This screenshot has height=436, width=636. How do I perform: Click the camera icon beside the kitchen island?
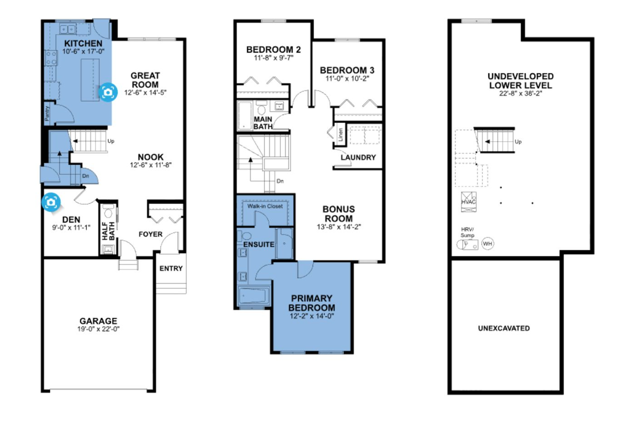pos(108,92)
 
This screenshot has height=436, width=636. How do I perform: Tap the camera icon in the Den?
pos(51,202)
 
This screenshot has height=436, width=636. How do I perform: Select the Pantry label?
pos(47,113)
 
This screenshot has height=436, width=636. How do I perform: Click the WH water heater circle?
pos(488,244)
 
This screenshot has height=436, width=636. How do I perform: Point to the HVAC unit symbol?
pos(469,202)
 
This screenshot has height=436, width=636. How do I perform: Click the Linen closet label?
pos(341,135)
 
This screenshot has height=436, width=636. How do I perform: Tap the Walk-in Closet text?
pos(265,206)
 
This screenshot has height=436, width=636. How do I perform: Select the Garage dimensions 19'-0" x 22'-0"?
pos(98,329)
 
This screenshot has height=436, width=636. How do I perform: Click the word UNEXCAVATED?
pos(504,328)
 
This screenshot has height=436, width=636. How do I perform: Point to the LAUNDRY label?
pos(359,157)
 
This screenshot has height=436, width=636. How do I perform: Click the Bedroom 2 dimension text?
pos(274,58)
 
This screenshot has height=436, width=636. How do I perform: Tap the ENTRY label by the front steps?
pos(171,269)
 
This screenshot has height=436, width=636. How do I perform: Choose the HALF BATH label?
pos(109,231)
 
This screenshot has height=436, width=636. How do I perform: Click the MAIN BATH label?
pos(263,123)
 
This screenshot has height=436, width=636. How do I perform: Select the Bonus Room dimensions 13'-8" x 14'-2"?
pos(339,227)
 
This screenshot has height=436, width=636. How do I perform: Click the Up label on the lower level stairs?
pos(518,142)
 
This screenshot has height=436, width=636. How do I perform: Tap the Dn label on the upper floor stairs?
pos(280,181)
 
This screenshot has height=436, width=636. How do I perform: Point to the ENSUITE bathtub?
pos(254,296)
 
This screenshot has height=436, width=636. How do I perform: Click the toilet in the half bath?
pos(108,211)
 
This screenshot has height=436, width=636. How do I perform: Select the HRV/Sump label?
pos(468,233)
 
